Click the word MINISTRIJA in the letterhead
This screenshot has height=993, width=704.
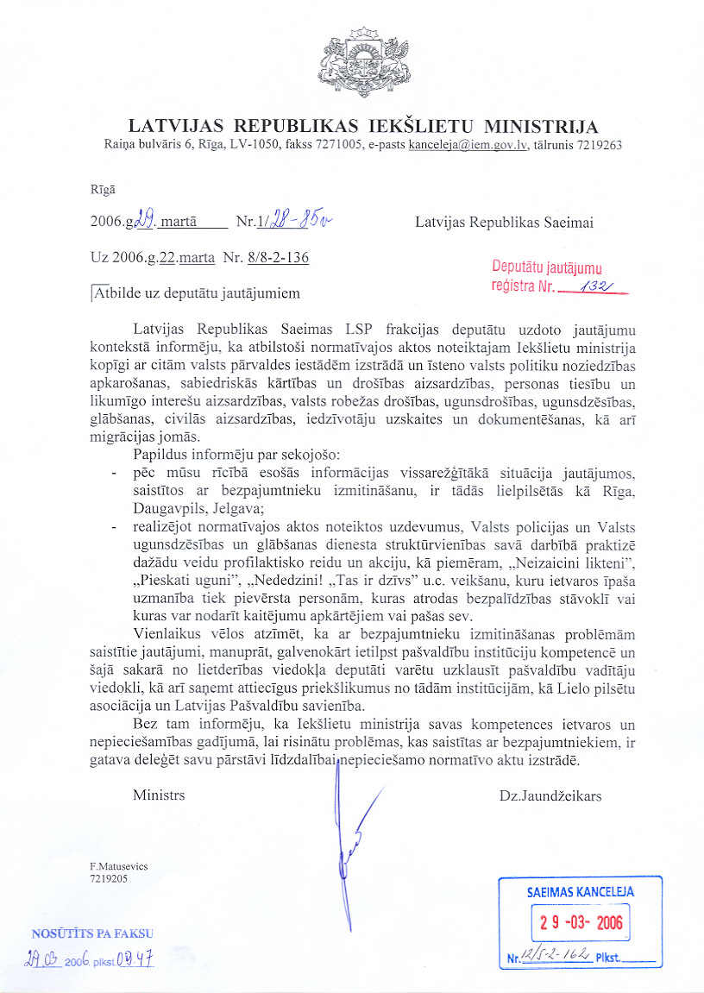tap(542, 128)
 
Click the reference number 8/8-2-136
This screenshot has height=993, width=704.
tap(278, 257)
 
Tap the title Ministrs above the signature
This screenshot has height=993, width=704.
tap(159, 795)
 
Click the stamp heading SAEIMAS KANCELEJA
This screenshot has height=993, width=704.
tap(580, 892)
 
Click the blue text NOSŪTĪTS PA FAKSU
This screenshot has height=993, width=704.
tap(92, 933)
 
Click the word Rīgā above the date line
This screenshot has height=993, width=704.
tap(102, 188)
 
